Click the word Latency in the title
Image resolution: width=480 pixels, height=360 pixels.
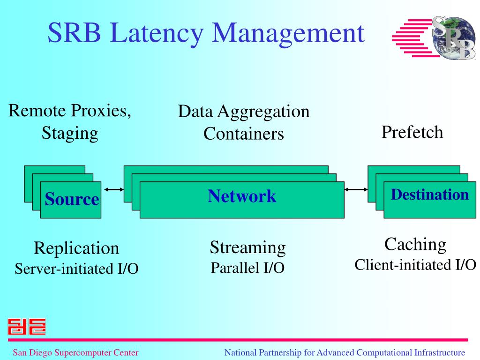point(157,33)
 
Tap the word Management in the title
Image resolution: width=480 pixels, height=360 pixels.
point(288,33)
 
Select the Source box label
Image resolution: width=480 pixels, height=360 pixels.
point(72,199)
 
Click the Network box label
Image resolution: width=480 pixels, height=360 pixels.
point(242,196)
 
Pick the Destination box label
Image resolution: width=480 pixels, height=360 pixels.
point(430,195)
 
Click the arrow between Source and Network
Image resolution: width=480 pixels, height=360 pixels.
point(114,189)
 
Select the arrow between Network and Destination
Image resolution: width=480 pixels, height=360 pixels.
point(356,189)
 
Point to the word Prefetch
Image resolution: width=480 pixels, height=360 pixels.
point(412,132)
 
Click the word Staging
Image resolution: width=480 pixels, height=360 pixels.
point(70,134)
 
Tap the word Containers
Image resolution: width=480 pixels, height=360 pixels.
point(244,134)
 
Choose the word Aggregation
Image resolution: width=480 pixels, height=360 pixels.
point(263,112)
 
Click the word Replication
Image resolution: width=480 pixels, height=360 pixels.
point(76,248)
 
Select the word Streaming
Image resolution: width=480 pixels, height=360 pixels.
point(247,247)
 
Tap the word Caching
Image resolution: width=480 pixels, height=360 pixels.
point(415,245)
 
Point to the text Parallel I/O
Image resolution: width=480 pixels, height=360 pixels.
point(247,268)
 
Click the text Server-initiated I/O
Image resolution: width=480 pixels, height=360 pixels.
point(76,269)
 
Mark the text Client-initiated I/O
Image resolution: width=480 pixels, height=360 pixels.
point(415,265)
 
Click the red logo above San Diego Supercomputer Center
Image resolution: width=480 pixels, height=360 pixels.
point(27,327)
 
